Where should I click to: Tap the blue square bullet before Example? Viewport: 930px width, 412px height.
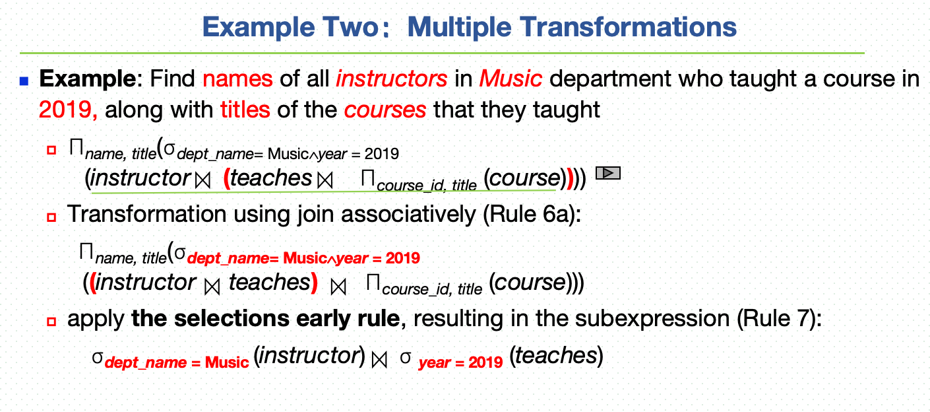tap(24, 81)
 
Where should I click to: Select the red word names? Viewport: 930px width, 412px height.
tap(237, 79)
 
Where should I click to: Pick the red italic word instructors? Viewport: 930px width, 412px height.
tap(392, 79)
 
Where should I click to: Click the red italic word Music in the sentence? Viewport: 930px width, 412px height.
tap(511, 79)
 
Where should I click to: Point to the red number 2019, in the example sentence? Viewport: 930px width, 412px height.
tap(68, 110)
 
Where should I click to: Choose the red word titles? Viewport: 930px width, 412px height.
tap(245, 110)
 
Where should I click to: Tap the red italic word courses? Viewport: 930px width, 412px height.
tap(385, 110)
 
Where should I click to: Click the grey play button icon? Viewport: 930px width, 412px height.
tap(608, 173)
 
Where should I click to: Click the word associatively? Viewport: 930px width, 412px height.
tap(408, 215)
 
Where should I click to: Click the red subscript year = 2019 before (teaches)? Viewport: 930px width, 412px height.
tap(461, 362)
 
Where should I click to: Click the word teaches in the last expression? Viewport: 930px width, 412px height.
tap(557, 356)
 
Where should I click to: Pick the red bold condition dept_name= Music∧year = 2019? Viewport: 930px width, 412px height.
tap(304, 259)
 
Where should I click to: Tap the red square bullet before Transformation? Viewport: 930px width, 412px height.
tap(51, 217)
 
